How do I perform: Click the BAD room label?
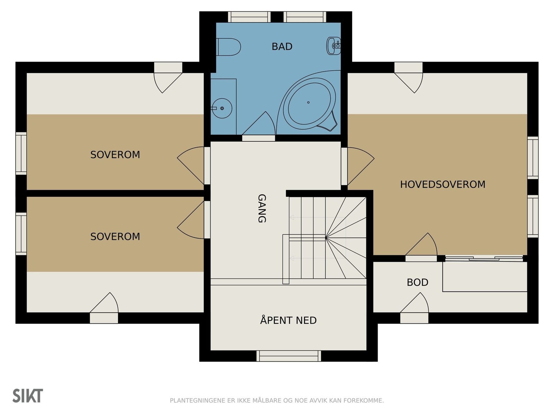click(282, 46)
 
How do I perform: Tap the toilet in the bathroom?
click(229, 47)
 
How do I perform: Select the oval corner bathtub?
click(308, 102)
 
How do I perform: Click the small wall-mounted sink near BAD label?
click(334, 46)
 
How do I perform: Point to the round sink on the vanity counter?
click(222, 108)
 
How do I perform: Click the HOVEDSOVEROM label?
click(443, 184)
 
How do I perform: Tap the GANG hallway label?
click(262, 208)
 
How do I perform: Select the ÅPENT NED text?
click(288, 320)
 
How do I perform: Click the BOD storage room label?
click(417, 282)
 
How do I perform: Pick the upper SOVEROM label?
click(115, 155)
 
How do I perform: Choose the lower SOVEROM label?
click(115, 237)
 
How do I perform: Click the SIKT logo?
click(28, 396)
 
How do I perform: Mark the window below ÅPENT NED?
click(288, 356)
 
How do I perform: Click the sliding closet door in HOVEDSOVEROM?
click(484, 258)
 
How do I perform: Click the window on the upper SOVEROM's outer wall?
click(21, 153)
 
